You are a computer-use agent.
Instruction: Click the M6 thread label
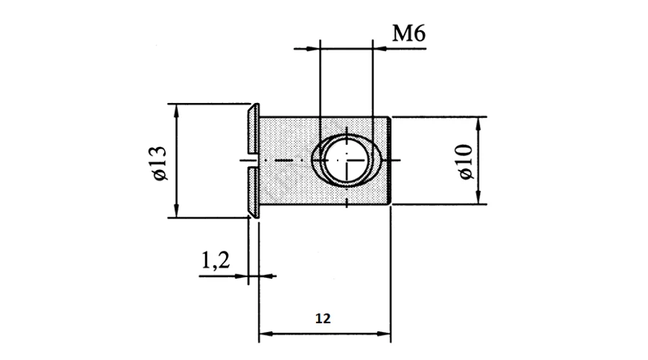[x=409, y=33]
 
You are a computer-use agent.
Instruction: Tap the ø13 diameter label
[x=160, y=163]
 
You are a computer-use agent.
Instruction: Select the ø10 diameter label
[x=466, y=161]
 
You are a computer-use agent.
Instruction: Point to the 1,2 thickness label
[x=215, y=261]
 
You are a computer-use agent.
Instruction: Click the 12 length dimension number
[x=323, y=318]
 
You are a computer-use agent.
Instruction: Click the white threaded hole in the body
[x=346, y=160]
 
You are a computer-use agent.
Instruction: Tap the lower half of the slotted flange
[x=253, y=192]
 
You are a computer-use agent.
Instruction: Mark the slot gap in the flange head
[x=253, y=160]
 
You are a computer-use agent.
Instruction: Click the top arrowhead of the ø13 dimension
[x=176, y=110]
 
